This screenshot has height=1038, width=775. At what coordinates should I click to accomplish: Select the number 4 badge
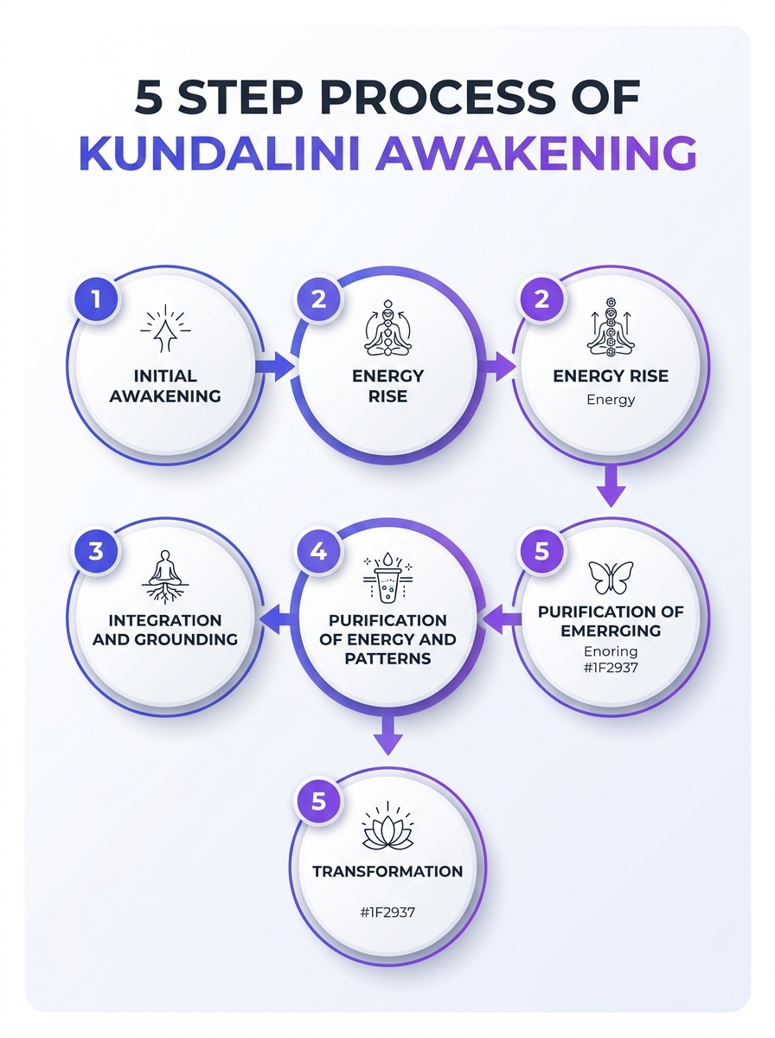click(318, 551)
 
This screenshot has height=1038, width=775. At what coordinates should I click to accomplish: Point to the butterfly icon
click(611, 577)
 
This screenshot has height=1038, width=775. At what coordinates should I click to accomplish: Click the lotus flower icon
click(387, 824)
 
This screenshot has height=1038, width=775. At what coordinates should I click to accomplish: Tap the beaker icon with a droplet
click(387, 578)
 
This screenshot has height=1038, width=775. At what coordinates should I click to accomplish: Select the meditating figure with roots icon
click(165, 577)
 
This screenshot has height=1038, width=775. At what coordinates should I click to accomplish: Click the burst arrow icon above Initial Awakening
click(165, 328)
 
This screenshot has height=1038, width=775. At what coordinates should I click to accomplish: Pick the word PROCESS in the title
click(438, 97)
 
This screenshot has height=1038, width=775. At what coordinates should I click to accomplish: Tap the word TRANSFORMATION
click(387, 872)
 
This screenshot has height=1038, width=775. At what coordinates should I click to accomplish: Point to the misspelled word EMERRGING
click(611, 631)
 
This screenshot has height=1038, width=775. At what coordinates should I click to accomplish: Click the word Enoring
click(611, 651)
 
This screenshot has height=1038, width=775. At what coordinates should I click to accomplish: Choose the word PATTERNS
click(387, 658)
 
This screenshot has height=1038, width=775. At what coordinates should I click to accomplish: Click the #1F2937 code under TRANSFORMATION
click(387, 913)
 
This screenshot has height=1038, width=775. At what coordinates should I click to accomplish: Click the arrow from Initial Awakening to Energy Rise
click(274, 367)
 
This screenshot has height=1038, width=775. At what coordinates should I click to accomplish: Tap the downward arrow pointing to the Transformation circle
click(387, 736)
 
